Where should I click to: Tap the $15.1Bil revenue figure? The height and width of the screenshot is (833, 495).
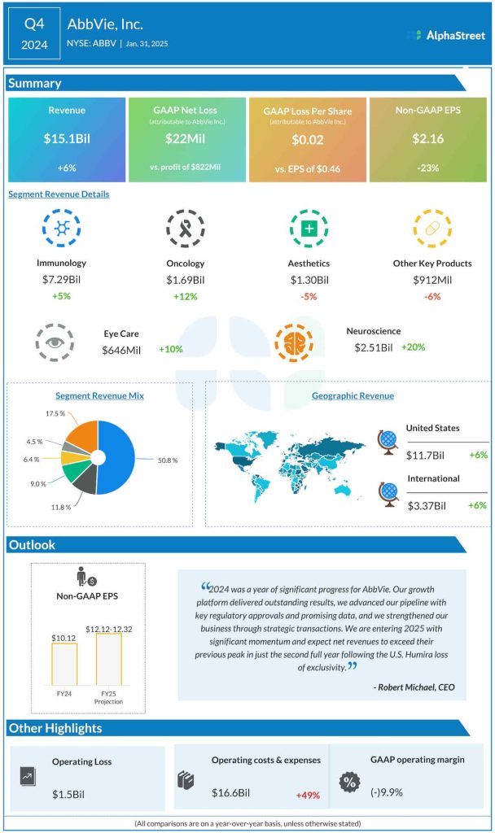click(67, 138)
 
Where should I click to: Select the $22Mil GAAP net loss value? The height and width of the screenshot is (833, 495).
click(186, 140)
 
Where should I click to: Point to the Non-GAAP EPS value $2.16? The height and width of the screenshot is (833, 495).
click(427, 138)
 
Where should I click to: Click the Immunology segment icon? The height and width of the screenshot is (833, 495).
click(61, 229)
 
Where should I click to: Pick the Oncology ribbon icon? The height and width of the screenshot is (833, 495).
click(185, 229)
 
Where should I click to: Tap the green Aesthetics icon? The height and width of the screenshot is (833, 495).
click(309, 229)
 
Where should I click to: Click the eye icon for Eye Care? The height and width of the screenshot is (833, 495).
click(55, 342)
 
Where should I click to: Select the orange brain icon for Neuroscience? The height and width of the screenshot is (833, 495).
click(294, 342)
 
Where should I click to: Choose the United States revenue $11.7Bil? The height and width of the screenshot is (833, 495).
click(427, 455)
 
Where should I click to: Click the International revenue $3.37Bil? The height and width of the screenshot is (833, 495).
click(427, 505)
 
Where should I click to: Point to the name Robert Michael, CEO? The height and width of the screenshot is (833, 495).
click(414, 687)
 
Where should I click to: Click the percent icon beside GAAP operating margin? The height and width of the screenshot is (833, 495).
click(348, 781)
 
